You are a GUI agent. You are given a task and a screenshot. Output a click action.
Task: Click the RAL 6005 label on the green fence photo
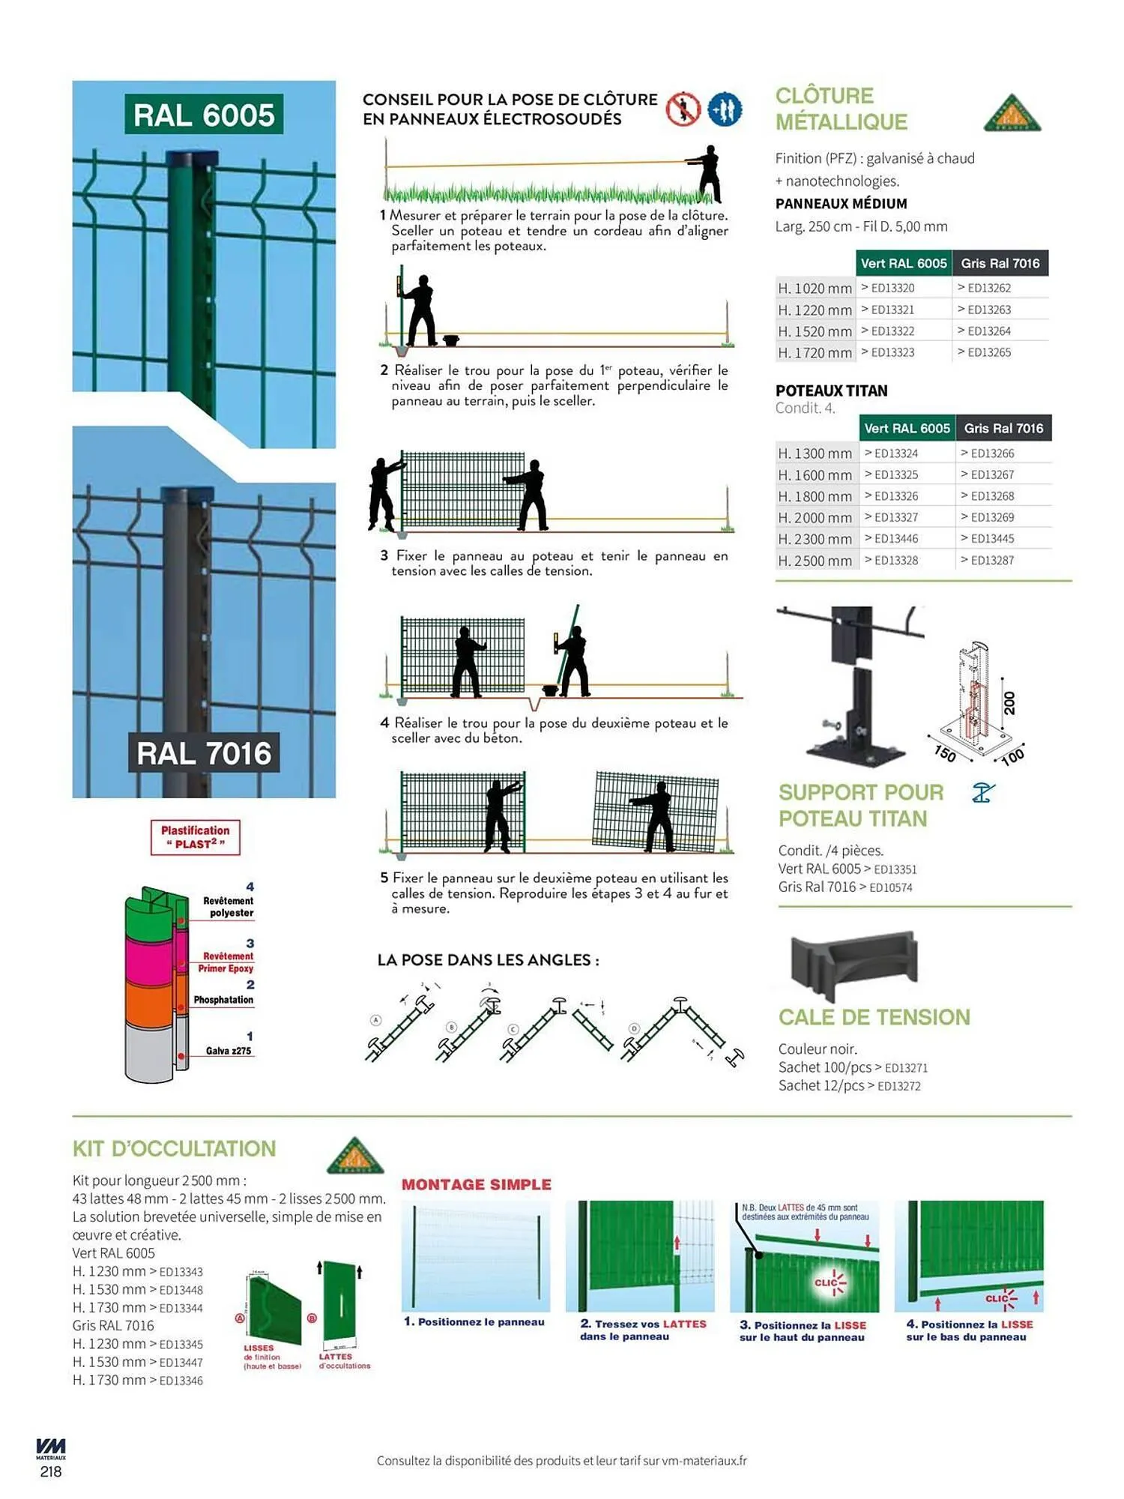click(204, 115)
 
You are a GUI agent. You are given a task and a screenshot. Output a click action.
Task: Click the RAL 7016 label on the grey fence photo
click(204, 753)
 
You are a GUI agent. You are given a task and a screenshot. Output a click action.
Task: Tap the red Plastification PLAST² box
click(196, 837)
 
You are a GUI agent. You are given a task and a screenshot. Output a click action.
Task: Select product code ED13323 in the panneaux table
click(892, 352)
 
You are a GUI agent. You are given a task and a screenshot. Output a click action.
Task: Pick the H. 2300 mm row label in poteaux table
click(815, 539)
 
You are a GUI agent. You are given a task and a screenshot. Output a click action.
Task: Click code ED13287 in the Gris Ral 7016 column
click(992, 561)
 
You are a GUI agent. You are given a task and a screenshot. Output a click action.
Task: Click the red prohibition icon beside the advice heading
click(683, 109)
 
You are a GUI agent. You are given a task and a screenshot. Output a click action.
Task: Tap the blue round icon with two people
click(725, 109)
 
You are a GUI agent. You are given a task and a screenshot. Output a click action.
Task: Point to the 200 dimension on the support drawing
click(1009, 702)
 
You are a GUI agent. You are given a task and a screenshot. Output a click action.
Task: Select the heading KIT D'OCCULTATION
click(174, 1148)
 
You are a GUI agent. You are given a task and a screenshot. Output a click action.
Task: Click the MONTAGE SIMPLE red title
click(477, 1184)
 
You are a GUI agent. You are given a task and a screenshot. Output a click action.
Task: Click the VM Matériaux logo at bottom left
click(51, 1448)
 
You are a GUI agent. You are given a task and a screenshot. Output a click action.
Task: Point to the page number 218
click(51, 1471)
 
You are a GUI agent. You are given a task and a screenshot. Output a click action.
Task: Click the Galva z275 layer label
click(229, 1051)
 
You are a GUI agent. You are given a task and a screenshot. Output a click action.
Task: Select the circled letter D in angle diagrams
click(634, 1028)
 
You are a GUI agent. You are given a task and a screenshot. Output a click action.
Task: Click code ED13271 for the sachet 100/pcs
click(906, 1068)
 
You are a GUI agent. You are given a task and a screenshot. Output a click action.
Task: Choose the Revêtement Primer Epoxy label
click(226, 962)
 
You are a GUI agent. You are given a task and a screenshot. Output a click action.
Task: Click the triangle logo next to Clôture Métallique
click(1012, 113)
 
